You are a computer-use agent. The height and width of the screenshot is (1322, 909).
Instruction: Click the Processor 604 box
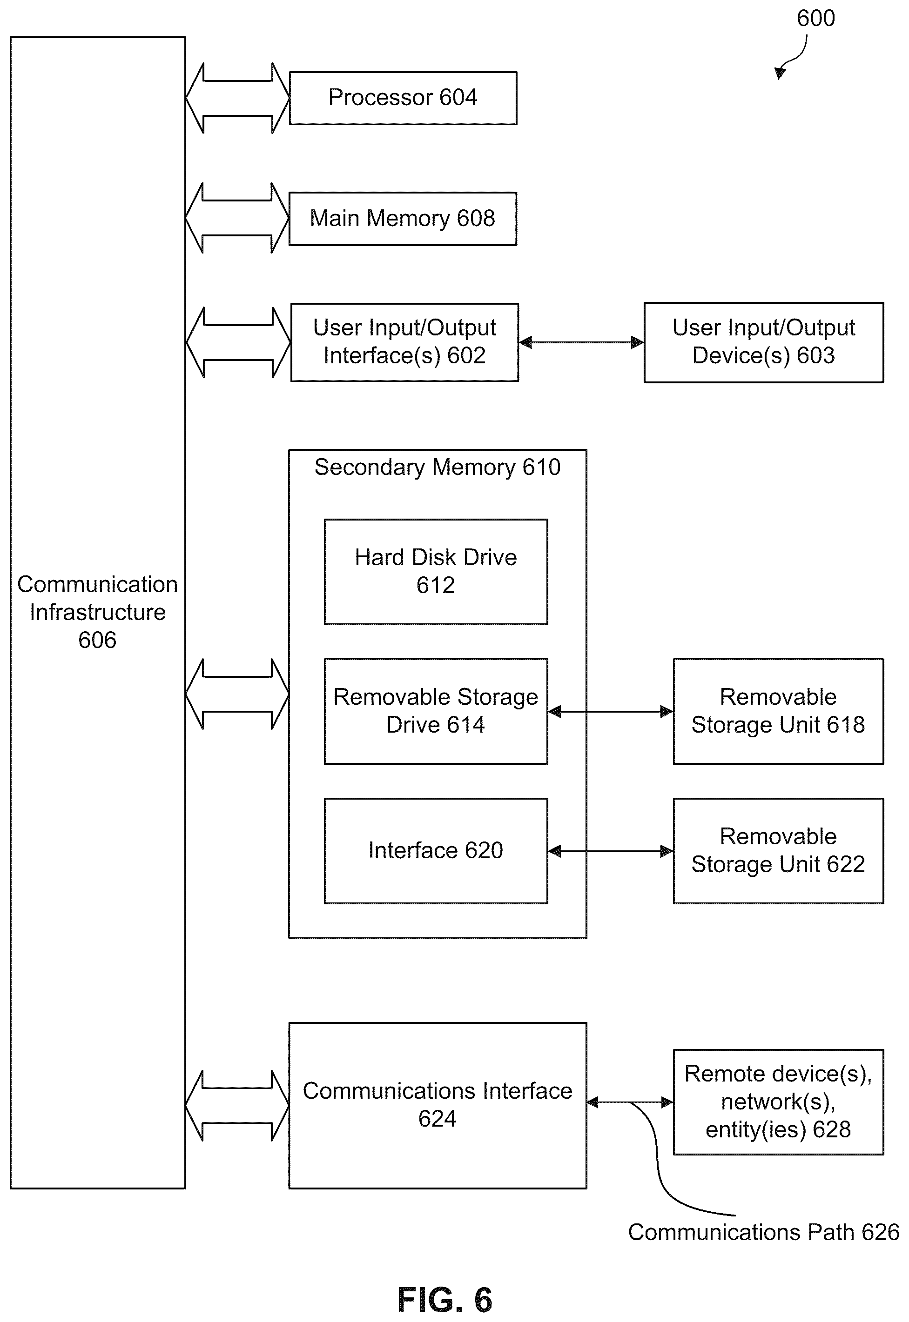coord(403,98)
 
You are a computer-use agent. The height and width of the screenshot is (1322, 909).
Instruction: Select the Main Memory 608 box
coord(403,219)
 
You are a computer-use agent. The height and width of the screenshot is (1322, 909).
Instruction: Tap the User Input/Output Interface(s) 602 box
coord(404,342)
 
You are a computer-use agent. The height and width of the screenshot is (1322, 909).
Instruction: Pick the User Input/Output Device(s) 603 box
coord(764,342)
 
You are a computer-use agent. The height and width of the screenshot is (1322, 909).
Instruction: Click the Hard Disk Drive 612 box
coord(436,571)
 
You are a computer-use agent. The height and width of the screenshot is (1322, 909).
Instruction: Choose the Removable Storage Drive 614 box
coord(436,711)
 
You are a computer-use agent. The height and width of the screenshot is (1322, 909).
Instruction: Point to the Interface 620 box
coord(436,851)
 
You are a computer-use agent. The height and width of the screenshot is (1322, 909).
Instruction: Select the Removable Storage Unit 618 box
coord(778,711)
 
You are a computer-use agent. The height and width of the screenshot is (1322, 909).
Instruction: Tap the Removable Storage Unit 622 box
coord(778,851)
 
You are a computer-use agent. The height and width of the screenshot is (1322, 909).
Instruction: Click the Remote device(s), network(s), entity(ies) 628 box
coord(778,1102)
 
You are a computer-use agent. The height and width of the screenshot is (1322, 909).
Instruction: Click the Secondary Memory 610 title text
coord(438,467)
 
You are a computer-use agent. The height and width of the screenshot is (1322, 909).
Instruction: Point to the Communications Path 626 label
coord(763,1232)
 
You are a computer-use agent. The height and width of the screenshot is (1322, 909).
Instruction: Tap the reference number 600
coord(815,18)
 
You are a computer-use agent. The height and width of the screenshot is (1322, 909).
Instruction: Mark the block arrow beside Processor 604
coord(237,98)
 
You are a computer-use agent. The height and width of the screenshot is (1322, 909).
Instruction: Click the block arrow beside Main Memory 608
coord(237,218)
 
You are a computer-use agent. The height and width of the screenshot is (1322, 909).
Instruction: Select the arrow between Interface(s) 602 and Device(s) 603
coord(581,342)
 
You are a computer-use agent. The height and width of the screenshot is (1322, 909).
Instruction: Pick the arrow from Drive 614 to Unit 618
coord(611,711)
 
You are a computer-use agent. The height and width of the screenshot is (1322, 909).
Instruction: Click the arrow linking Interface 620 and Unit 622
coord(611,851)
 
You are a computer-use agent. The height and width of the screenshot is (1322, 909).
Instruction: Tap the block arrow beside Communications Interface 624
coord(237,1105)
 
